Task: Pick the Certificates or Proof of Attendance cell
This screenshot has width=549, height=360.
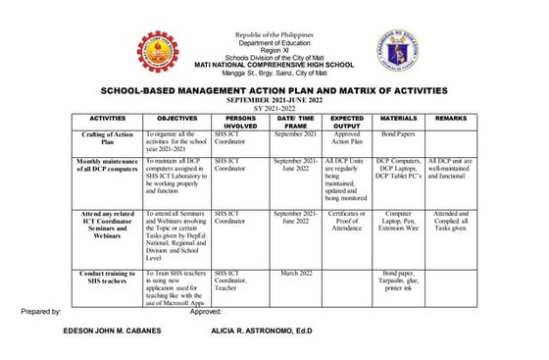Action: click(x=347, y=219)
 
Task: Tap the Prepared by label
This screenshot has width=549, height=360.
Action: click(x=40, y=311)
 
